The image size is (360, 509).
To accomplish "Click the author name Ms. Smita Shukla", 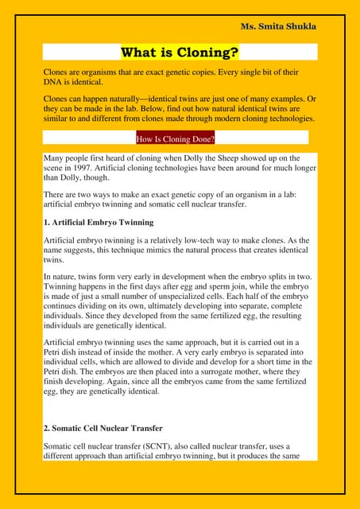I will [278, 26].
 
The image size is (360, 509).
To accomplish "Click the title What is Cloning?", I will [180, 53].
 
